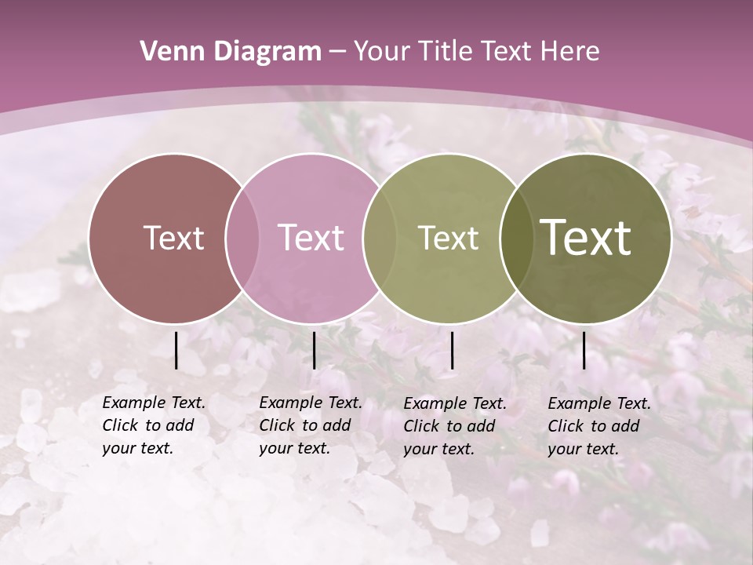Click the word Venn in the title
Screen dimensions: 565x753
point(168,52)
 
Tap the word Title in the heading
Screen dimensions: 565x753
point(444,52)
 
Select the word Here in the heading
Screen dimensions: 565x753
point(570,52)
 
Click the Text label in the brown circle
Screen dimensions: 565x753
point(173,238)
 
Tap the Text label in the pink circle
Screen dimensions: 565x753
point(311,238)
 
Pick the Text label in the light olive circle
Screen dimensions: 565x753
point(448,238)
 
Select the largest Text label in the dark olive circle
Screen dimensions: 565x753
point(586,238)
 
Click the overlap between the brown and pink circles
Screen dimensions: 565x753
point(242,238)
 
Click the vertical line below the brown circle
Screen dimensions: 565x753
point(176,350)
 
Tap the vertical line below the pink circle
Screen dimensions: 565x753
point(314,350)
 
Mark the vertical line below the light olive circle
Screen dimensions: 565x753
point(452,350)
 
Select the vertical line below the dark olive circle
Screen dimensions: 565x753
point(584,350)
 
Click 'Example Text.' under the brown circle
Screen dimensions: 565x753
point(154,403)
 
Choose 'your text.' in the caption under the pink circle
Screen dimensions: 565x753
point(294,449)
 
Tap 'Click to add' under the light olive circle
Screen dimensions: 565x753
point(449,426)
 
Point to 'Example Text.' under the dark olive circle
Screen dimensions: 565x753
point(599,403)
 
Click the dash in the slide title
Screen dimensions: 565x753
point(337,52)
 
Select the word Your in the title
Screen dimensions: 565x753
point(382,52)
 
